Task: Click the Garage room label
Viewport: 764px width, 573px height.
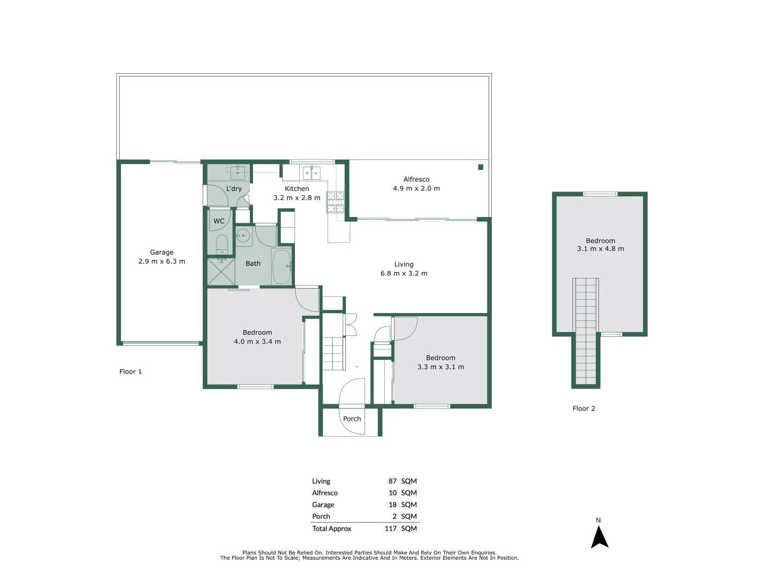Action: click(x=162, y=253)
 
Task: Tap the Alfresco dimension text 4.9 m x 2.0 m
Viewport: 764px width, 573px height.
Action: click(x=416, y=188)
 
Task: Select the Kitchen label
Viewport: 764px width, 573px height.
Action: click(x=297, y=189)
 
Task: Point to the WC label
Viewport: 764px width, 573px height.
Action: click(x=219, y=221)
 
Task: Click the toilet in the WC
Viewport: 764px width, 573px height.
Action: click(x=222, y=245)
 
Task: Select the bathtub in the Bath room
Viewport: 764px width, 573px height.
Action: click(x=281, y=266)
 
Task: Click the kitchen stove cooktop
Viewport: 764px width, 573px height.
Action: click(x=335, y=202)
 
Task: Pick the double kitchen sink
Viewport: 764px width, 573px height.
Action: click(x=311, y=173)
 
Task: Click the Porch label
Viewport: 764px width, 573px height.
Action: click(x=352, y=419)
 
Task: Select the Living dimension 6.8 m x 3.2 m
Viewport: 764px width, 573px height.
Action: click(x=404, y=274)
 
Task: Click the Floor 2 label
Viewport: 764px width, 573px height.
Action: click(x=584, y=409)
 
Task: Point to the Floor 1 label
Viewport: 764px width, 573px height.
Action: click(x=131, y=372)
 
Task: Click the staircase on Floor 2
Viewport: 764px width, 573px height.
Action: click(x=586, y=332)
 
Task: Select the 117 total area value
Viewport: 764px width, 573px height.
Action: click(x=390, y=528)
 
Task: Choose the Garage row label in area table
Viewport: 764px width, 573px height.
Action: click(x=323, y=505)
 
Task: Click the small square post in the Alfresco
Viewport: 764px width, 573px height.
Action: click(x=481, y=167)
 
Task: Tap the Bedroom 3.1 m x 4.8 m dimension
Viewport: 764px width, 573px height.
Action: click(x=601, y=249)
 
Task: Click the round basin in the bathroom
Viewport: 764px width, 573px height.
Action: click(x=243, y=235)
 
